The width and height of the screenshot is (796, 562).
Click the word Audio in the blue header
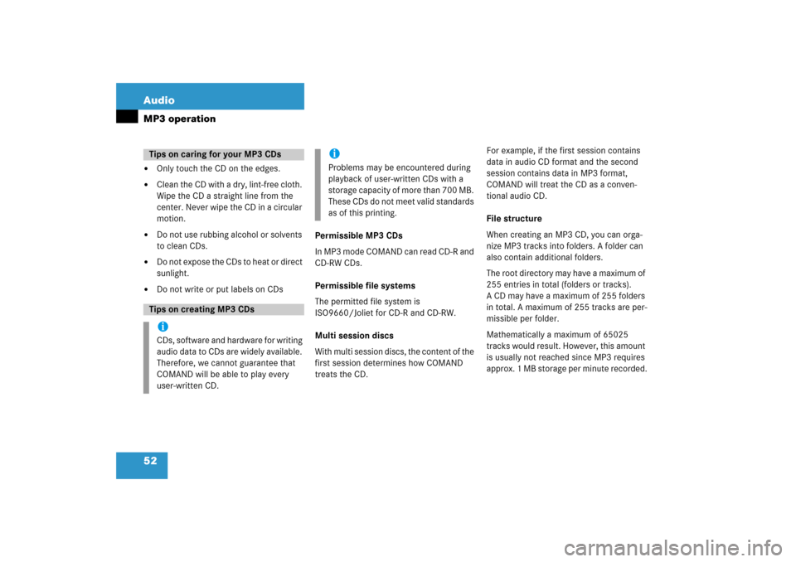[158, 100]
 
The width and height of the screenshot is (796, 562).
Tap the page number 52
[150, 461]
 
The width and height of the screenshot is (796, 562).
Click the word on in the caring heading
[173, 154]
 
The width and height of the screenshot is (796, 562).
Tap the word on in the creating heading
[173, 309]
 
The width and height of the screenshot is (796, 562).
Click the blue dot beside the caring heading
[334, 153]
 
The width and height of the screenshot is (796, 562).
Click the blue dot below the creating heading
[163, 327]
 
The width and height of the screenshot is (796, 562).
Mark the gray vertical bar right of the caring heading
[318, 185]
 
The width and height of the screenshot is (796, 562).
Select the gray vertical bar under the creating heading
[146, 357]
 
